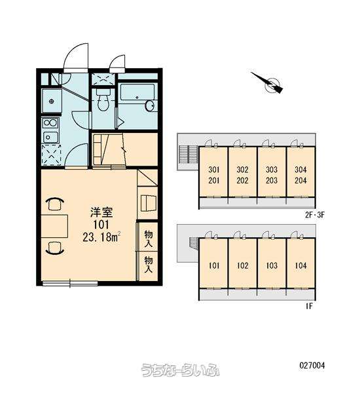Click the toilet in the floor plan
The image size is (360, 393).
(x=103, y=100)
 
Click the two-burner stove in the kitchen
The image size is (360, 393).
(x=50, y=123)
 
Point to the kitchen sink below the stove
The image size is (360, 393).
(x=51, y=137)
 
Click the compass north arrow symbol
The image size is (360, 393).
(x=268, y=83)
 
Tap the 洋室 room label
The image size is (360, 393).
(x=101, y=212)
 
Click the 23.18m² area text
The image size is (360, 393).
(x=101, y=237)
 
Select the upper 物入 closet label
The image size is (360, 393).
(x=149, y=238)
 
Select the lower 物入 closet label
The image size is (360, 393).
(x=149, y=264)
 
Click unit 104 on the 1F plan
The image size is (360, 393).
(x=300, y=265)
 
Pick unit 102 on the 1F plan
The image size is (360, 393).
(x=242, y=265)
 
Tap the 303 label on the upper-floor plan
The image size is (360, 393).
(x=272, y=170)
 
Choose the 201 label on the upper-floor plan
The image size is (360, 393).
(x=213, y=180)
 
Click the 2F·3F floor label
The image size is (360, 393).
(x=315, y=215)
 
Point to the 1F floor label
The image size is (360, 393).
(x=309, y=306)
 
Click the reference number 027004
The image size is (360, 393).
(x=312, y=365)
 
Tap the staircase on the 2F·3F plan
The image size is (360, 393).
(x=188, y=154)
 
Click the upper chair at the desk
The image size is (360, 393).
(x=55, y=204)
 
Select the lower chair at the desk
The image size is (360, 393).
(x=55, y=248)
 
